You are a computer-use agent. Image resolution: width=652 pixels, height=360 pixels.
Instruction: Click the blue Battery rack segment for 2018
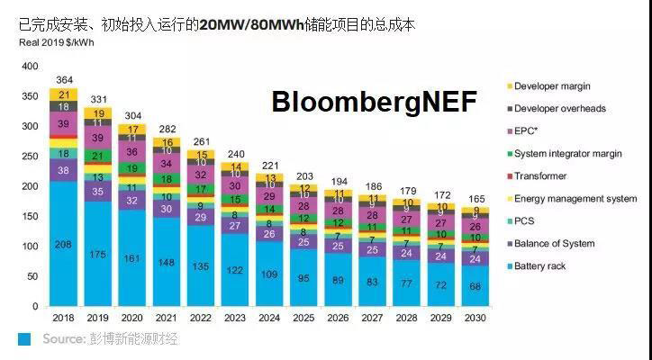click(64, 244)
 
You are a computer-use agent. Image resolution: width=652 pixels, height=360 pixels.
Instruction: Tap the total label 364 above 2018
click(64, 80)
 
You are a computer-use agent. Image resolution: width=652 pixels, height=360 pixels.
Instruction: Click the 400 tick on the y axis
click(30, 67)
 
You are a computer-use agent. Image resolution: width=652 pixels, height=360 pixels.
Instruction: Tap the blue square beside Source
click(24, 338)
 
